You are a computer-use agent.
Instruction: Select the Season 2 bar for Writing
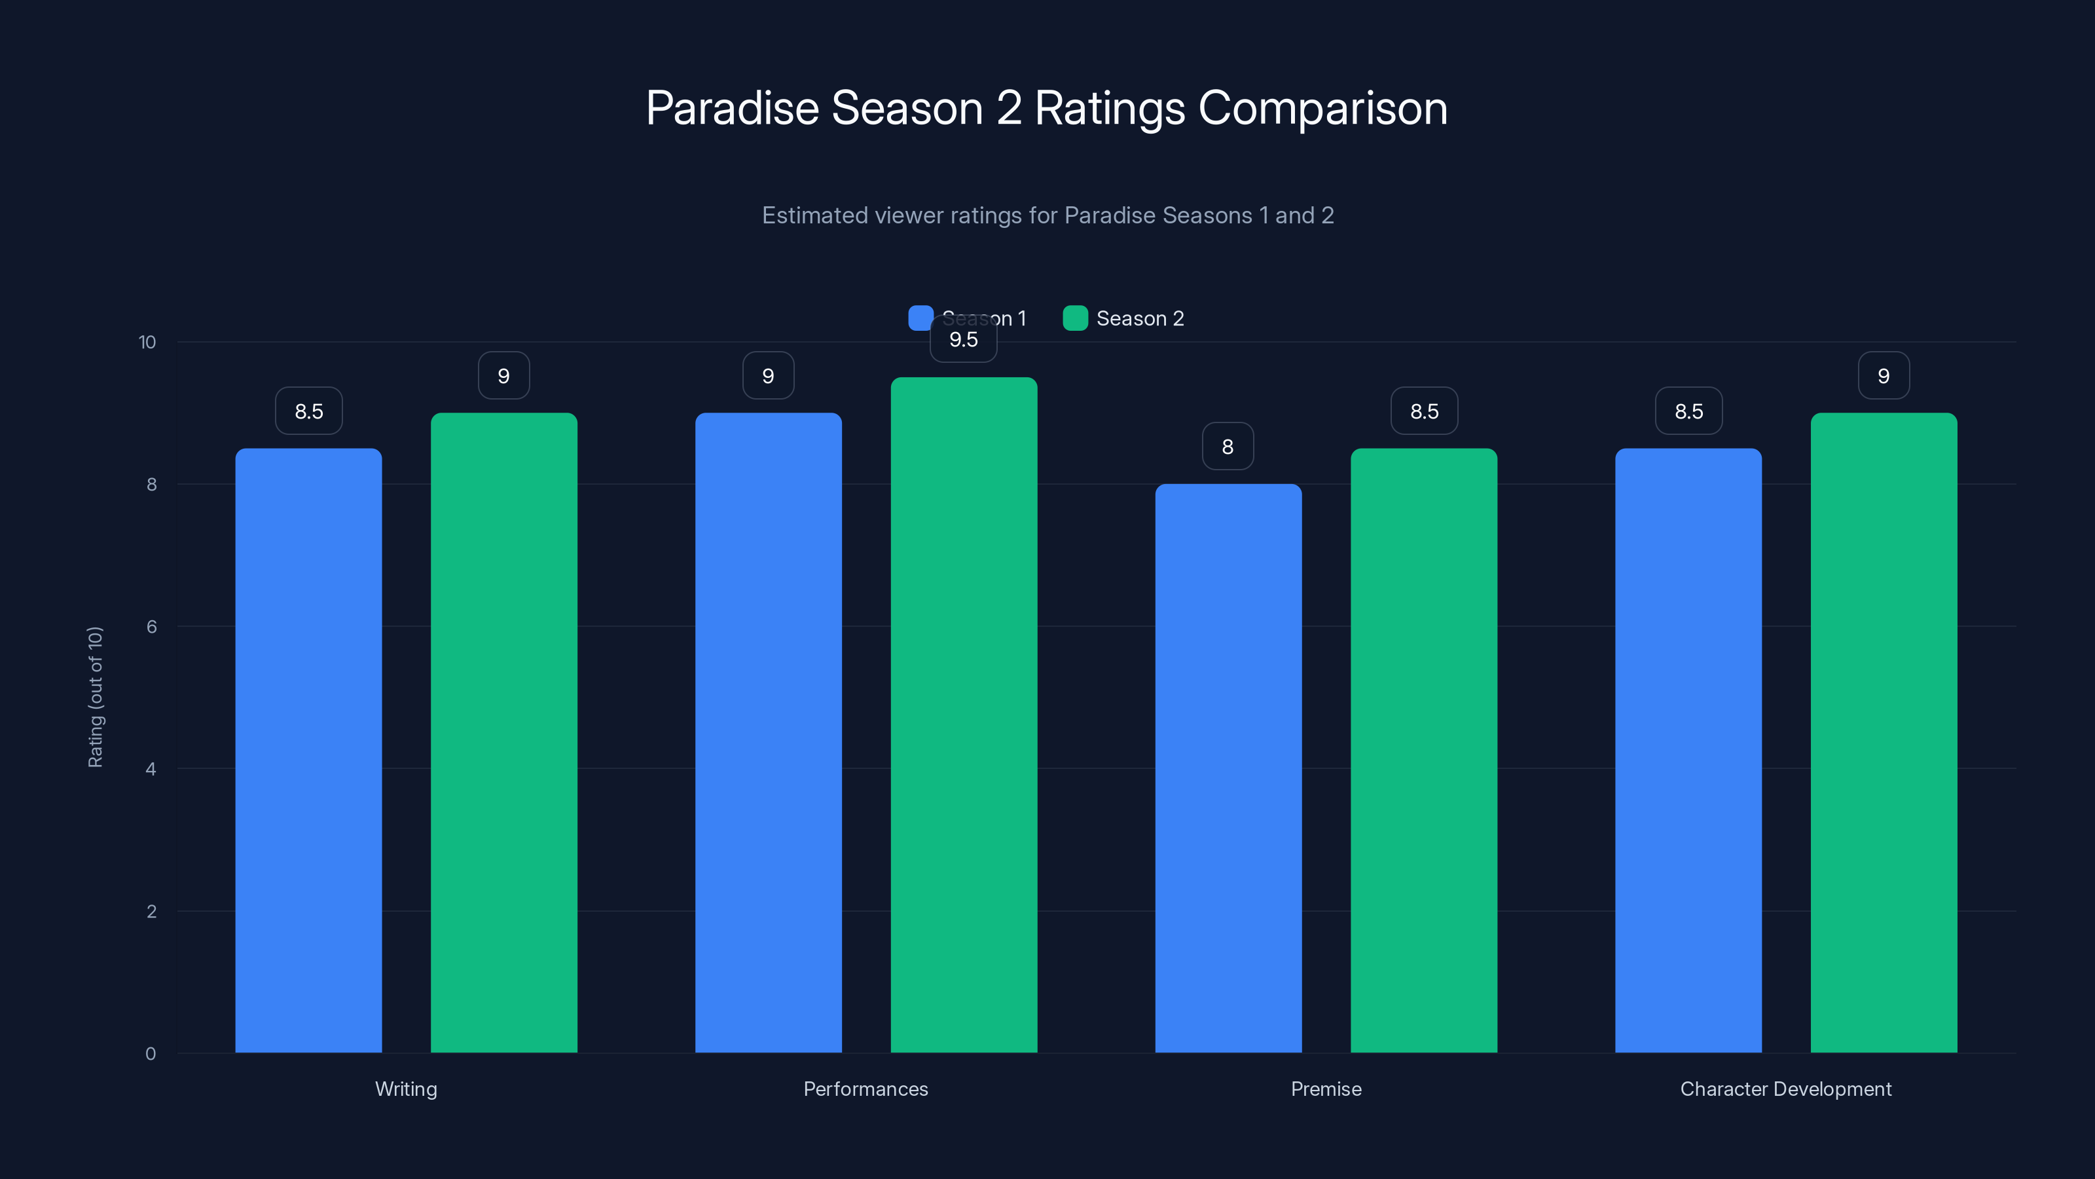pos(503,732)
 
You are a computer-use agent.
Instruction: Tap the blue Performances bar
pos(768,732)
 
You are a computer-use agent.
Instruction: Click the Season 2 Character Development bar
pos(1884,732)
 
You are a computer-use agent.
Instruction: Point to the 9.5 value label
pos(964,340)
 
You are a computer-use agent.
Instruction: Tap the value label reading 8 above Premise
pos(1228,447)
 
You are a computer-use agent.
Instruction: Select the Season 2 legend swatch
pos(1075,318)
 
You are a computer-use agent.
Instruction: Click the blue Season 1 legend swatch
pos(920,318)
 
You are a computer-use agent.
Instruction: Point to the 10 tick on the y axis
pos(147,342)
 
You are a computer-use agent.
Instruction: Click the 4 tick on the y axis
pos(151,769)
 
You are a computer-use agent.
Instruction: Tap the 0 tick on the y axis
pos(151,1054)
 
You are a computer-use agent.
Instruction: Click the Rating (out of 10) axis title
pos(95,698)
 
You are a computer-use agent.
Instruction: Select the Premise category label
pos(1326,1089)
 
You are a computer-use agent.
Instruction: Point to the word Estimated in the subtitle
pos(815,215)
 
